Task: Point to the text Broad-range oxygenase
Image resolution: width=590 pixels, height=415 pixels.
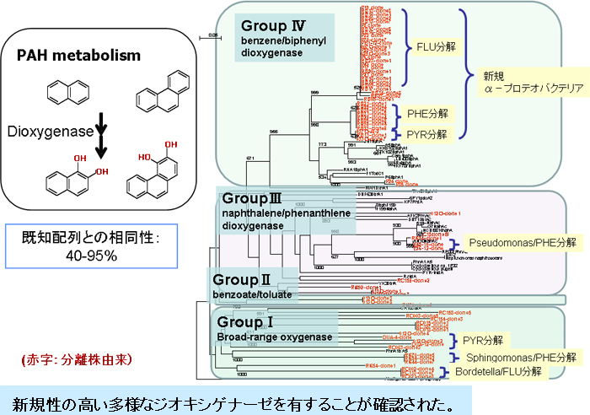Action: click(273, 337)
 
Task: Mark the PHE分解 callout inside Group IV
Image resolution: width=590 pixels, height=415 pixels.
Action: click(427, 112)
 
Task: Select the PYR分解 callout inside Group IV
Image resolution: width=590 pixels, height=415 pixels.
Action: click(427, 133)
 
